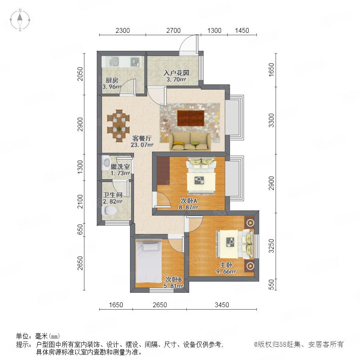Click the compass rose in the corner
(20, 20)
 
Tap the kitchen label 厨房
(112, 80)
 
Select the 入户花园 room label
(176, 73)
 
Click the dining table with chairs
(119, 125)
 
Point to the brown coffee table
(190, 118)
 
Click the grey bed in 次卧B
(148, 261)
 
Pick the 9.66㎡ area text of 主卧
(226, 271)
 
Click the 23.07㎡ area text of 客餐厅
(142, 145)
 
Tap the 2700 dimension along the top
(173, 30)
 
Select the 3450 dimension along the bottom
(222, 305)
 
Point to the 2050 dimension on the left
(80, 74)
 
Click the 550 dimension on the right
(271, 284)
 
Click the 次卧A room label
(189, 201)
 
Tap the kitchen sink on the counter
(114, 62)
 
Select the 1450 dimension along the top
(242, 30)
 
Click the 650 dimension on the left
(80, 229)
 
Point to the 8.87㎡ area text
(189, 207)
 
